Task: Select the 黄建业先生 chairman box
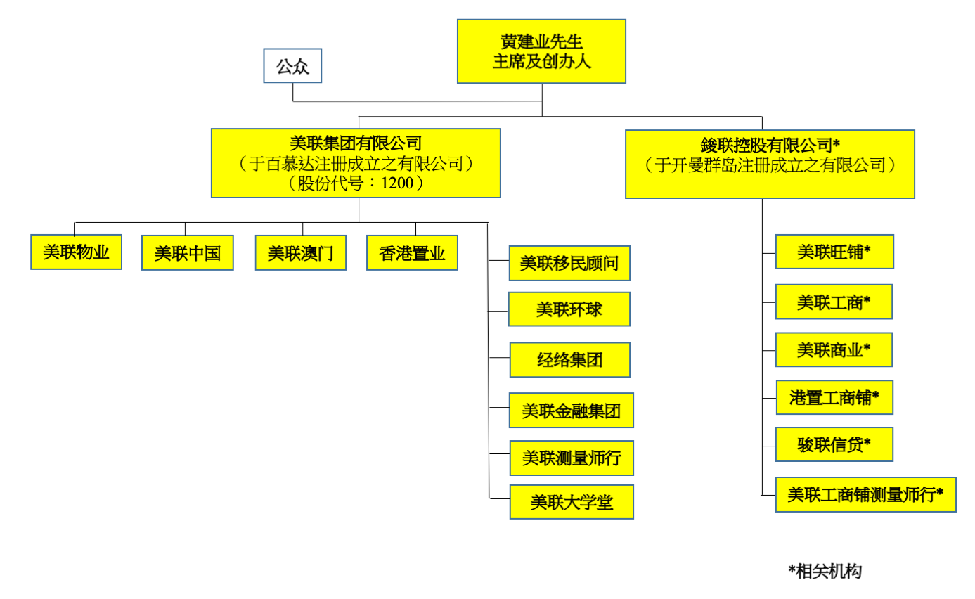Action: [x=541, y=51]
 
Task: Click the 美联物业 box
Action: [x=76, y=252]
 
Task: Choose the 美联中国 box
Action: [x=187, y=253]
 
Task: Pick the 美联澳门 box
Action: [x=300, y=253]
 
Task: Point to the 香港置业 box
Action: [x=412, y=253]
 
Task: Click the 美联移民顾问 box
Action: [x=569, y=264]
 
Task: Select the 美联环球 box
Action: [x=569, y=309]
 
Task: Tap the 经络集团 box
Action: [x=569, y=360]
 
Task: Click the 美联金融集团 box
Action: [x=571, y=411]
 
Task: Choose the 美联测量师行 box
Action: [x=571, y=458]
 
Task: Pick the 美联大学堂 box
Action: [x=572, y=502]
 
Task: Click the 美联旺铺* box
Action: [x=834, y=252]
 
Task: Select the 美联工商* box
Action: [x=834, y=302]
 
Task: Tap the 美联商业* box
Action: [x=834, y=349]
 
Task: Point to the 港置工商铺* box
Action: [x=834, y=397]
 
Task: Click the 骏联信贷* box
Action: [x=834, y=444]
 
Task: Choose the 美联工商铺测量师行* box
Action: [x=865, y=494]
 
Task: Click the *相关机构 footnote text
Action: [x=825, y=571]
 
